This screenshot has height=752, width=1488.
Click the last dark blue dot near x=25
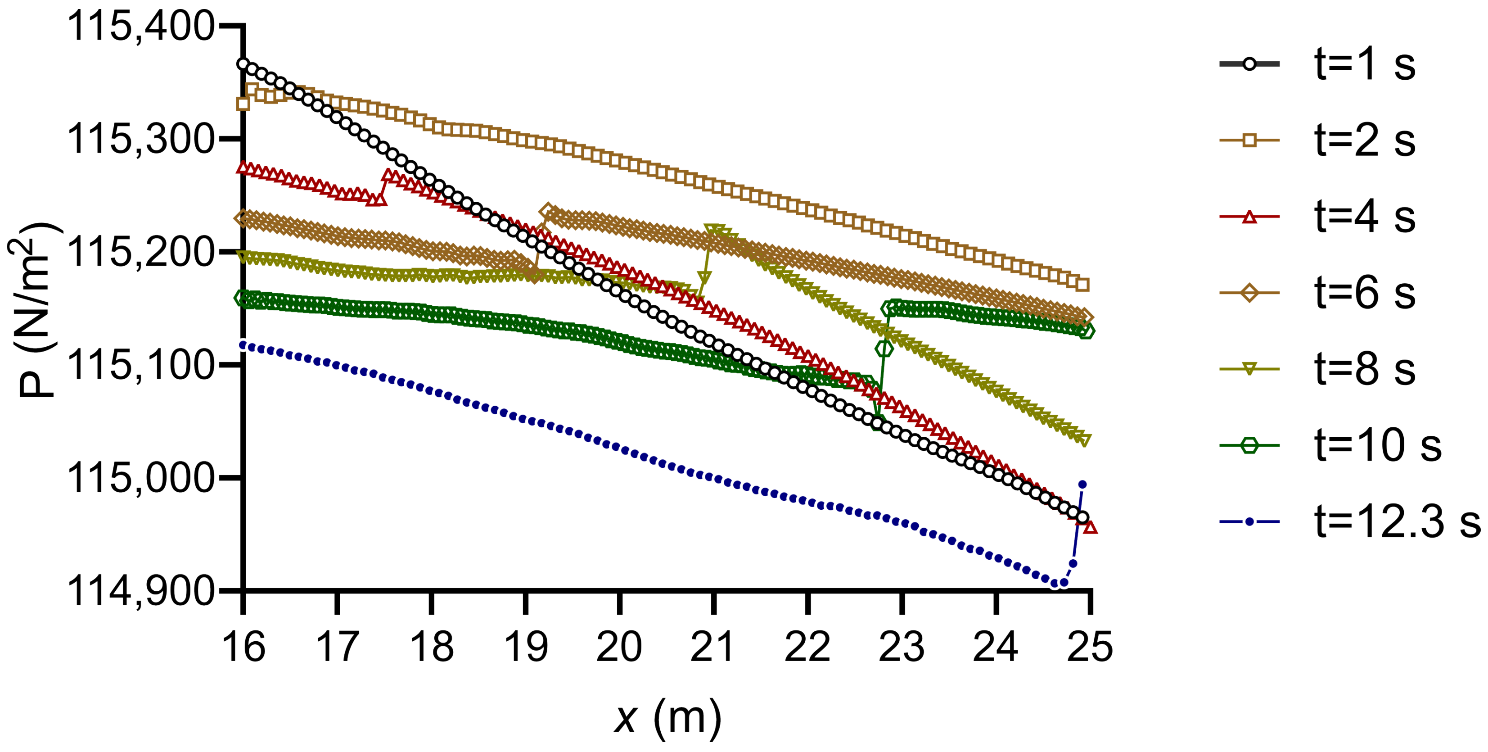(x=1082, y=485)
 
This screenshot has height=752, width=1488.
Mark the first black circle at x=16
(x=243, y=63)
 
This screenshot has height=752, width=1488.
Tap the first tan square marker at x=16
(x=243, y=104)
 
